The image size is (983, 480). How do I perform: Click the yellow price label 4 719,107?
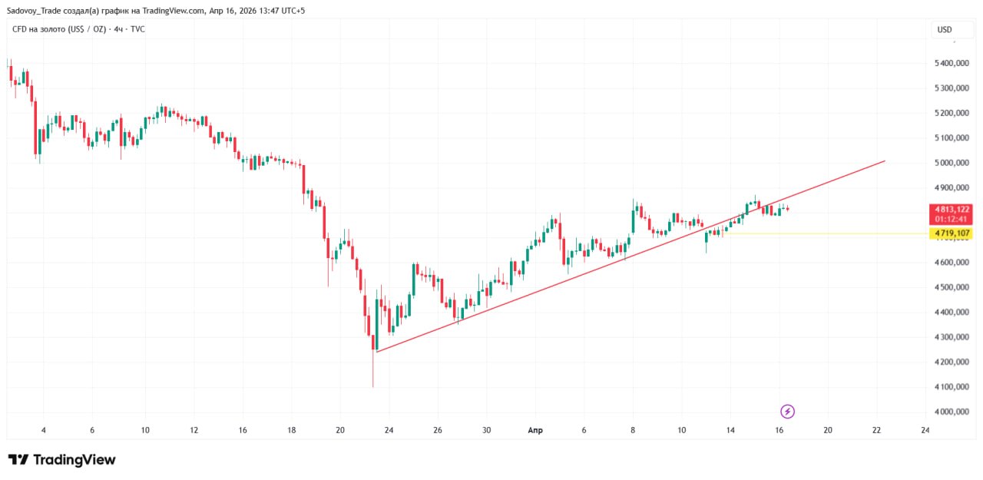click(x=952, y=233)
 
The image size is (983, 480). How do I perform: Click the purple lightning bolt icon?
click(x=787, y=412)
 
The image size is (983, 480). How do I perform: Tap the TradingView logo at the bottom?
click(x=62, y=459)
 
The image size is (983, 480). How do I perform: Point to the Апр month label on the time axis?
click(x=535, y=430)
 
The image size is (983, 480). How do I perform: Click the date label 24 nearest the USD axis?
click(x=925, y=430)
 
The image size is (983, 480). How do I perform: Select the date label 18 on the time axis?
click(x=291, y=430)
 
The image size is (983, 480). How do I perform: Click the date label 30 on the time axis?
click(x=486, y=430)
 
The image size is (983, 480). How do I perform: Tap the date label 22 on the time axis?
click(x=876, y=430)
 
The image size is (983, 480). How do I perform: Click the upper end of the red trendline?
click(x=885, y=161)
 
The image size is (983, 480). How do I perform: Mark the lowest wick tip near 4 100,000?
click(x=372, y=386)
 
